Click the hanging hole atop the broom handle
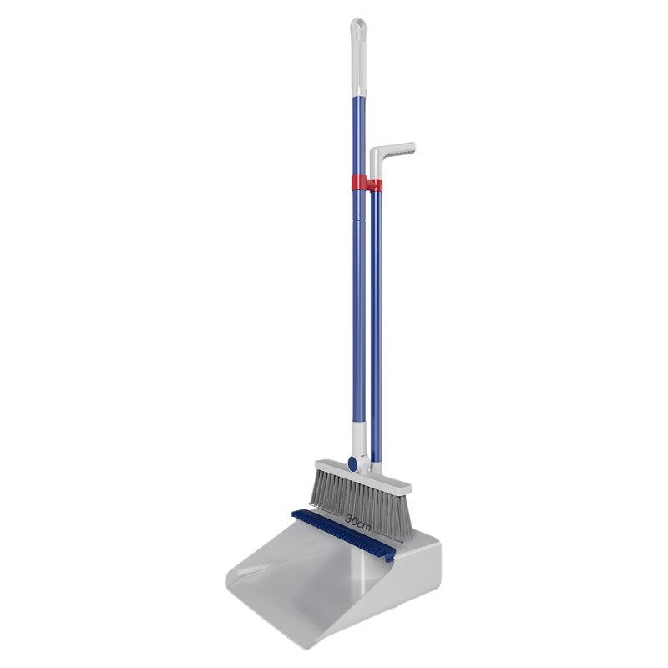tap(360, 27)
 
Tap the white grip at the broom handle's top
tap(359, 58)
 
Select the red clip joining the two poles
tap(367, 183)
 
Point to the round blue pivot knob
tap(352, 464)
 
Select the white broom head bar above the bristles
tap(363, 476)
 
